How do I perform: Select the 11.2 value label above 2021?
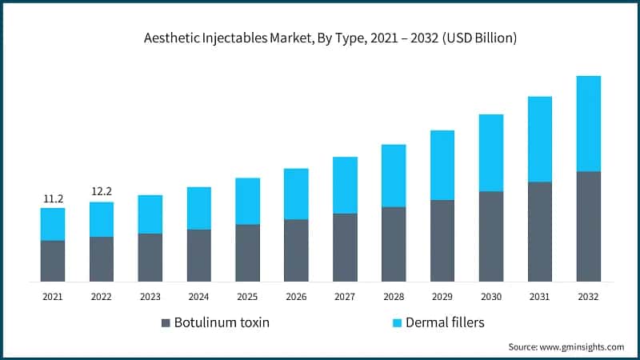(52, 198)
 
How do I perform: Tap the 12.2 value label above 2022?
(101, 192)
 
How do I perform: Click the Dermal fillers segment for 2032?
(589, 123)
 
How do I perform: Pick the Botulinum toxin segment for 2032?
(589, 226)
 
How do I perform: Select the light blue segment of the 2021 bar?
(53, 224)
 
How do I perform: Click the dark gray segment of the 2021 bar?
(53, 261)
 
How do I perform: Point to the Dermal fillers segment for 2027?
(345, 185)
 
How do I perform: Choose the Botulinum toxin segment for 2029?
(442, 240)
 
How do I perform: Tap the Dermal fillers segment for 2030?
(491, 153)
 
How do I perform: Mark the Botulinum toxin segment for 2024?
(198, 255)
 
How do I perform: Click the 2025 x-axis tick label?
(247, 297)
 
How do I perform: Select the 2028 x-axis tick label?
(394, 297)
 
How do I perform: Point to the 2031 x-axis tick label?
(540, 297)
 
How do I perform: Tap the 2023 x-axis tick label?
(150, 297)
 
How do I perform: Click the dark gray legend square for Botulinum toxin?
(166, 323)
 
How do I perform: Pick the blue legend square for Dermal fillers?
(395, 323)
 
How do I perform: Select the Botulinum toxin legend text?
(222, 323)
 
